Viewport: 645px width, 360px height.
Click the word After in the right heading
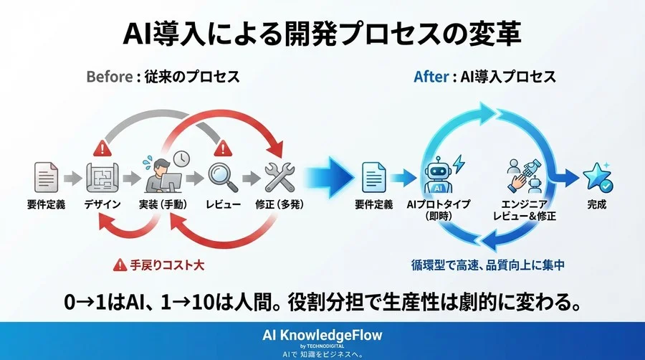[x=430, y=76]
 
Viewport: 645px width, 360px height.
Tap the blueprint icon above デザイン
[x=100, y=176]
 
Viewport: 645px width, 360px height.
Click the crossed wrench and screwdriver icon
[x=279, y=176]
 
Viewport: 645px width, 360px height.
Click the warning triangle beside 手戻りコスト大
[x=119, y=265]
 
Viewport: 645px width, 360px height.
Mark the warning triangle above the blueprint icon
[x=100, y=148]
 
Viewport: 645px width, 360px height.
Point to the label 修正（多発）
[x=279, y=205]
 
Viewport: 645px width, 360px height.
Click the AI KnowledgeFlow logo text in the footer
[x=322, y=335]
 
